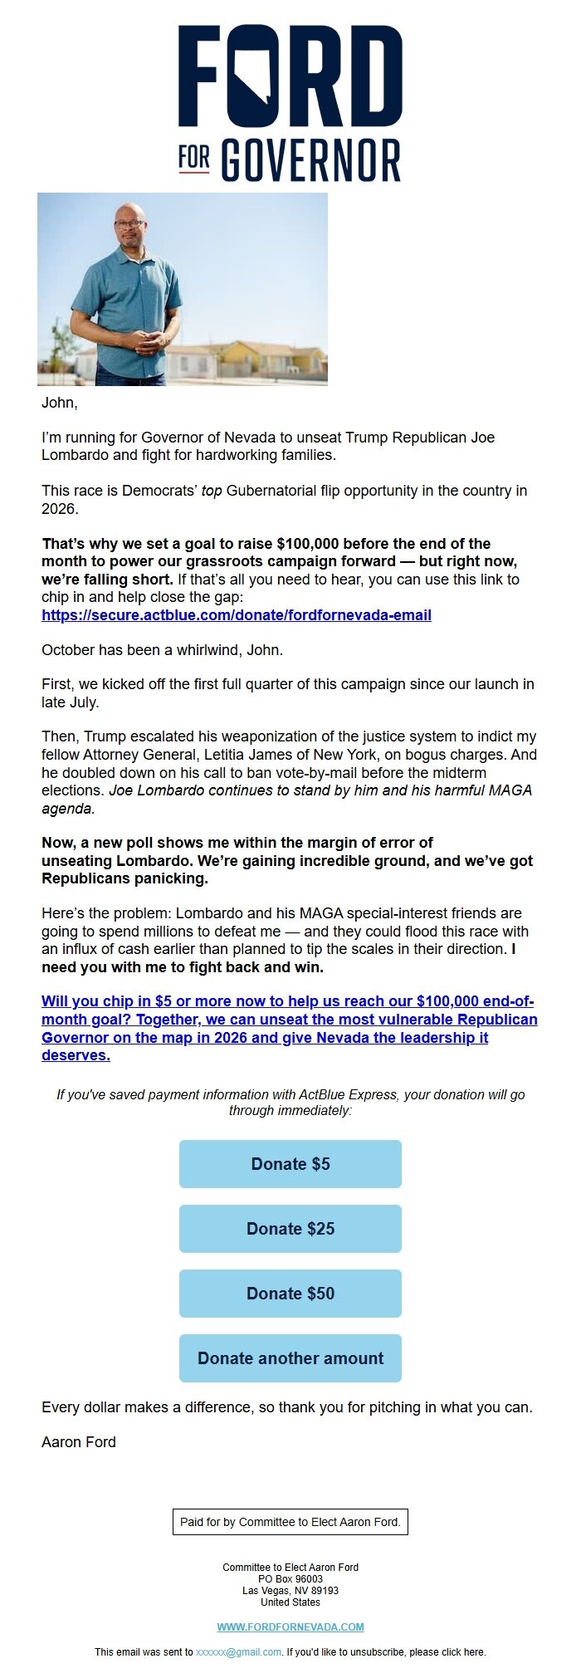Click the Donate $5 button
tap(290, 1163)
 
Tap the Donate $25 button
tap(290, 1228)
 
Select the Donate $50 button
tap(290, 1293)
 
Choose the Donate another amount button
tap(290, 1358)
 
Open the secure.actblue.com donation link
tap(237, 615)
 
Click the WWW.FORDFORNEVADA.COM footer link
tap(290, 1627)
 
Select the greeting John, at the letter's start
tap(60, 403)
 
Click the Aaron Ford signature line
tap(79, 1441)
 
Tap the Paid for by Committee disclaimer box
tap(290, 1522)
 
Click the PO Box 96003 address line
tap(290, 1578)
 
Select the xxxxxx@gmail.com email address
tap(239, 1651)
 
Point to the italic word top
tap(212, 491)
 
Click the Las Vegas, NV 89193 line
tap(290, 1590)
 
